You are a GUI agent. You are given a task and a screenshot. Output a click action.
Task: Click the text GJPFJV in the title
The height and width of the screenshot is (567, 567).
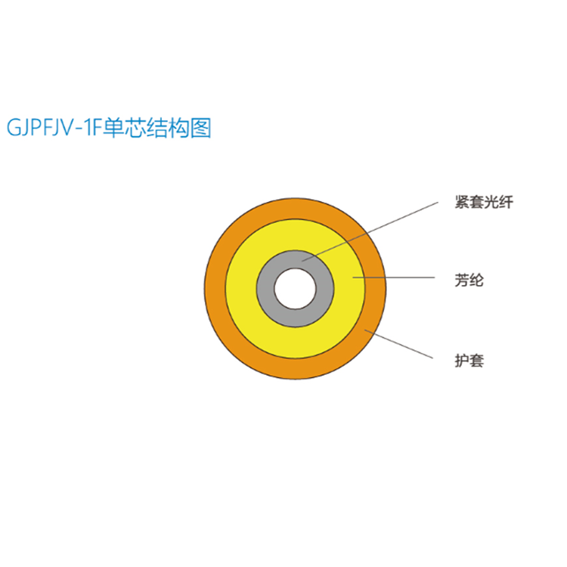point(38,128)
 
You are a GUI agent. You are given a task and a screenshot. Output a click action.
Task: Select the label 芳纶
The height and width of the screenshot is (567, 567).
point(469,280)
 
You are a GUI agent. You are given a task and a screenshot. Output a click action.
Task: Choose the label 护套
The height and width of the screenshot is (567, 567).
point(469,361)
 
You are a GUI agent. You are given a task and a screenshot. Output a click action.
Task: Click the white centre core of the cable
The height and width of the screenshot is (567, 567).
point(296,289)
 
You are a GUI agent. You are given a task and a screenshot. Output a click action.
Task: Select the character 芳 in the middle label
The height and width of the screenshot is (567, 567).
point(461,280)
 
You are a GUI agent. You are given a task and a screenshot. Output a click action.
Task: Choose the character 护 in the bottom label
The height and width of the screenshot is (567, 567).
point(461,361)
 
